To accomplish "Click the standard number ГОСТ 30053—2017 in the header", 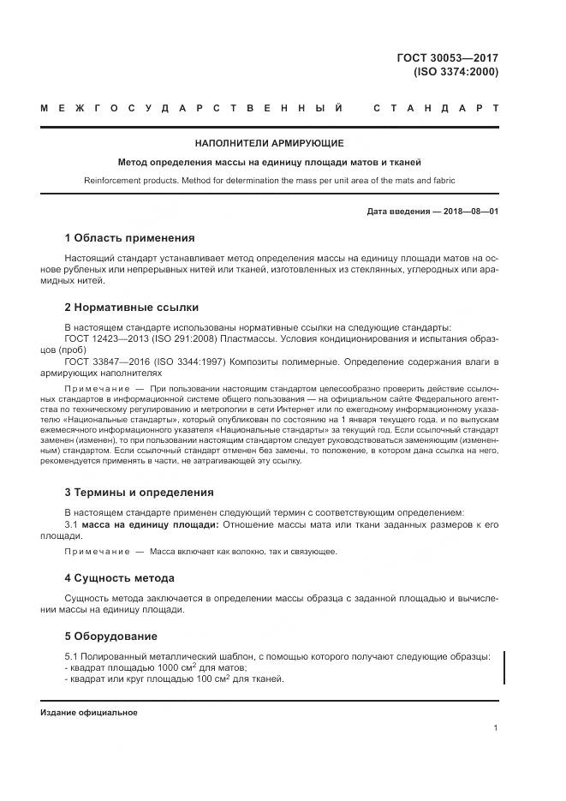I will [454, 57].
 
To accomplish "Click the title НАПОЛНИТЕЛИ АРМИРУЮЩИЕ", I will [269, 143].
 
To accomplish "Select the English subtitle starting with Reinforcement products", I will [269, 181].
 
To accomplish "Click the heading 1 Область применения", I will [129, 237].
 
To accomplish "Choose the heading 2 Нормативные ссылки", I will [132, 307].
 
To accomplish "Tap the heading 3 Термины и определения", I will [140, 492].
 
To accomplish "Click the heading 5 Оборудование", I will [111, 636].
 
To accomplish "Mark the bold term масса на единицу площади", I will [149, 523].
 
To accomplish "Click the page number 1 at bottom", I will [496, 728].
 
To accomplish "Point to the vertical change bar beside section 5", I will [504, 667].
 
